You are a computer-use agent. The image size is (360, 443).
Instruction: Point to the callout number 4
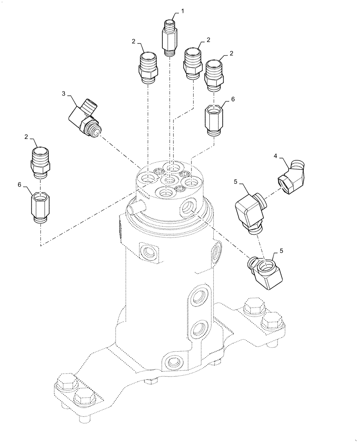pyautogui.click(x=275, y=156)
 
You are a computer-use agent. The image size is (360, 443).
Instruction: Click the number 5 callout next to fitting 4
pyautogui.click(x=235, y=182)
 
